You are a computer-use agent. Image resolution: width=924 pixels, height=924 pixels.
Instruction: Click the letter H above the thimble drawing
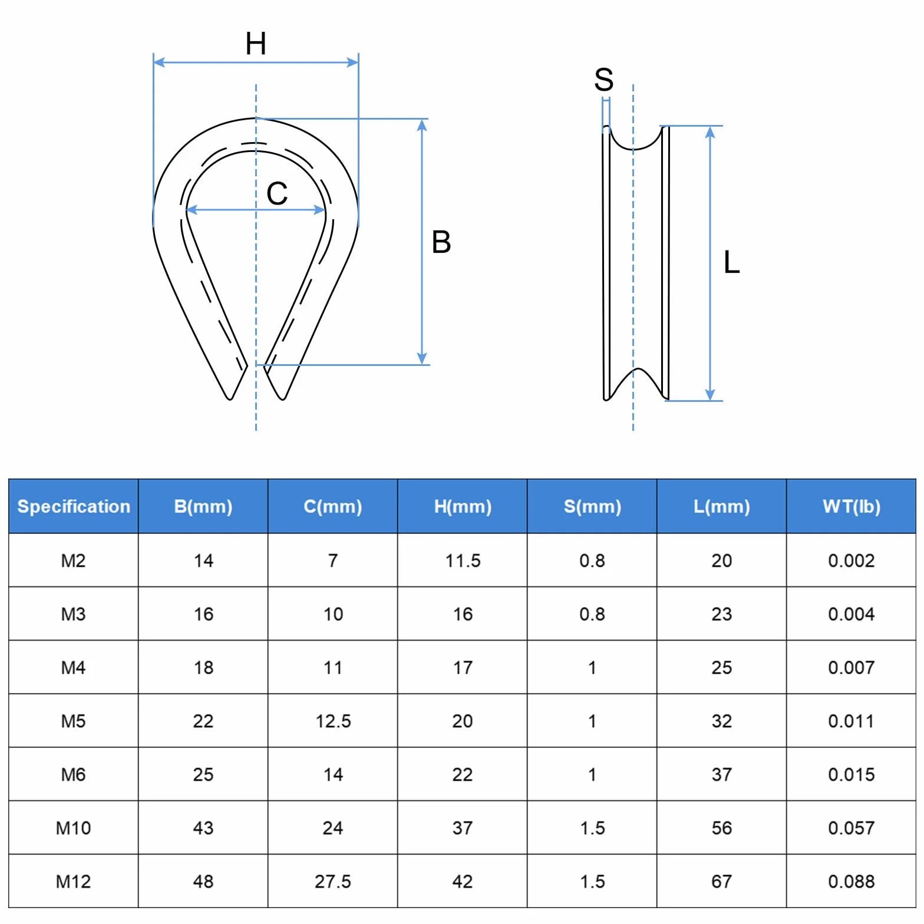click(x=256, y=44)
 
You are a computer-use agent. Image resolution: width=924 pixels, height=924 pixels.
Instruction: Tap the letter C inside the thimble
click(x=277, y=193)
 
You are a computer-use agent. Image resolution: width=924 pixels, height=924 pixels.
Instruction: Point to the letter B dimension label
click(x=441, y=242)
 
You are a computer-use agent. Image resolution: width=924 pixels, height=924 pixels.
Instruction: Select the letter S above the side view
click(x=604, y=80)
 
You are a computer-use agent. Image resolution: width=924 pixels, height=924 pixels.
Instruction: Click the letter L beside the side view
click(x=732, y=262)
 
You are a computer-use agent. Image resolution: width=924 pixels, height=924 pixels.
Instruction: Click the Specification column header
click(x=74, y=506)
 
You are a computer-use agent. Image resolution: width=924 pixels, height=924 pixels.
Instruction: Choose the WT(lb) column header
click(x=852, y=506)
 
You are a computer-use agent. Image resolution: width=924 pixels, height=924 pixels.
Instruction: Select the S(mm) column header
click(x=592, y=506)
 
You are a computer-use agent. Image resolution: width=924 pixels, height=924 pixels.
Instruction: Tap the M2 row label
click(x=74, y=560)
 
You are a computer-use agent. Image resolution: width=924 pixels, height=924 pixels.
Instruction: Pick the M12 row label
click(x=74, y=882)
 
